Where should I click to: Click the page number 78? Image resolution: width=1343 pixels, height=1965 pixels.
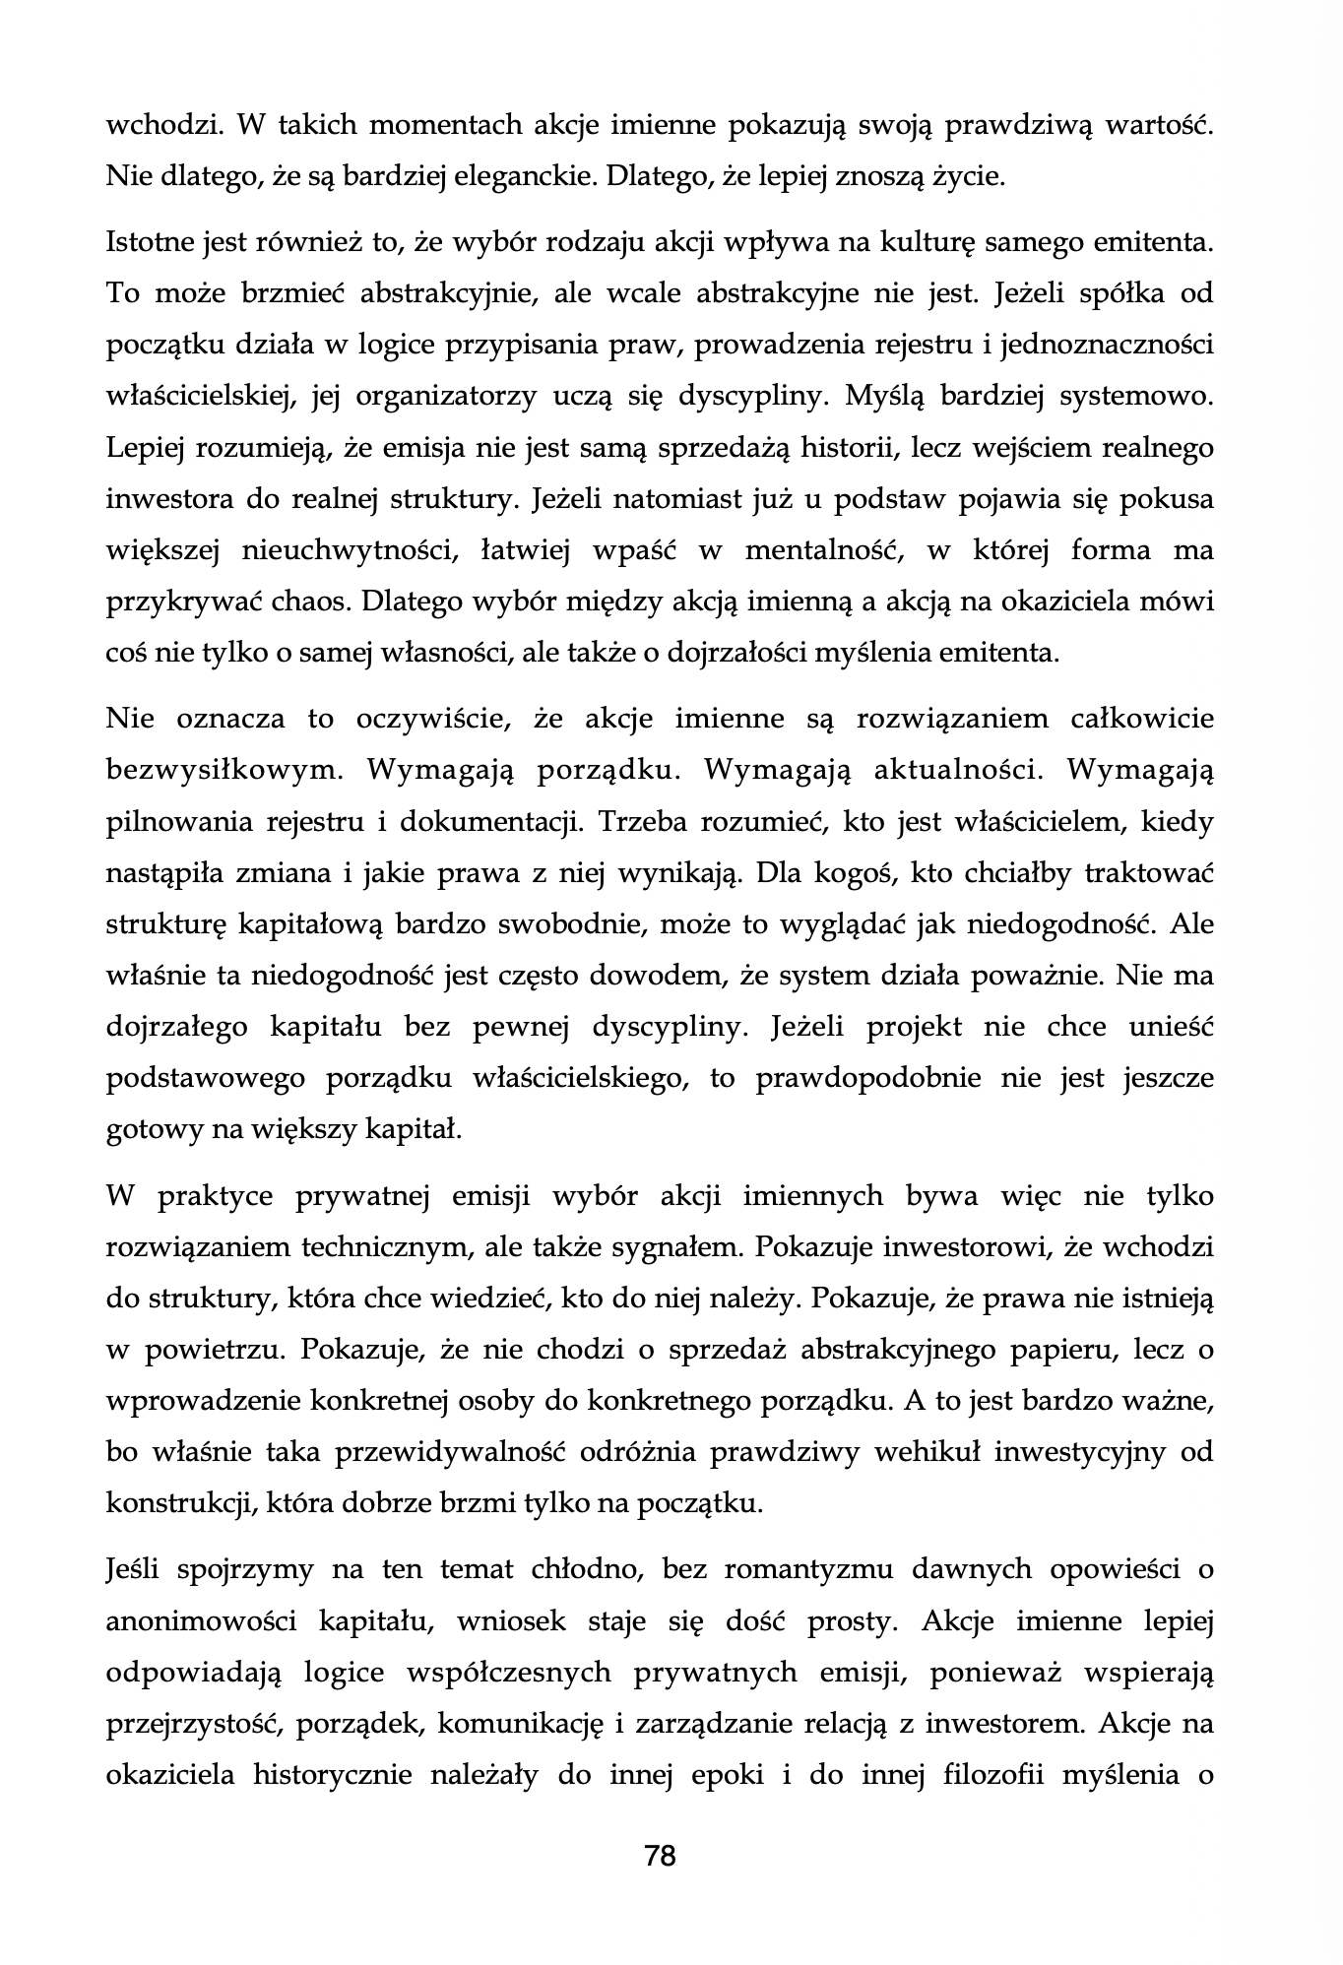(660, 1857)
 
